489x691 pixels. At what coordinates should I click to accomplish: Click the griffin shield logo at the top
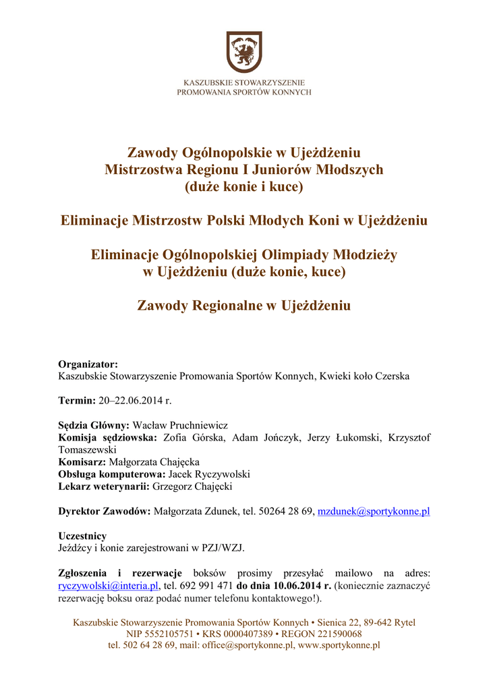tap(243, 52)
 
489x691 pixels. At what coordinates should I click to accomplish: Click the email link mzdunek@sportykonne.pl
tap(374, 512)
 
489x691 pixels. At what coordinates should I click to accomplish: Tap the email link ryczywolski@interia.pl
tap(109, 586)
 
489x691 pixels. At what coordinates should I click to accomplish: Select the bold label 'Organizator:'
tap(88, 364)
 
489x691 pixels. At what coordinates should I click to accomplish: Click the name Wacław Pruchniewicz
tap(180, 425)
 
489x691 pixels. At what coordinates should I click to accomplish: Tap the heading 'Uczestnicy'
tap(82, 536)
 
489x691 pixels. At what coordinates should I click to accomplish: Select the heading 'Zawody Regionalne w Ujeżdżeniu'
tap(243, 306)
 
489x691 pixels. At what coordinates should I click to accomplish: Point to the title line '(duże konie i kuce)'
tap(243, 187)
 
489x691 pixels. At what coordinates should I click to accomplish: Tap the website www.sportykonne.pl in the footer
tap(339, 645)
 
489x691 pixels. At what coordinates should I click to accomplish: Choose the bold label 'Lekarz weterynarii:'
tap(104, 487)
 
